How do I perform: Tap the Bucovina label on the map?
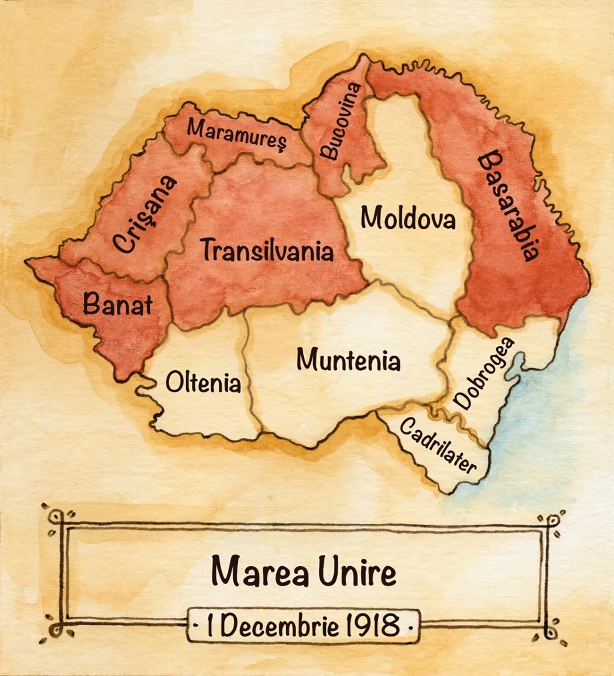341,122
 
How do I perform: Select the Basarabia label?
508,206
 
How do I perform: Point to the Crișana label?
145,215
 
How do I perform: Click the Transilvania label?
268,250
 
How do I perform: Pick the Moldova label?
408,218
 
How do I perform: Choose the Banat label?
118,304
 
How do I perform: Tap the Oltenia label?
203,382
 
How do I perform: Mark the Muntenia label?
348,361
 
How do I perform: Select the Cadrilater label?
438,445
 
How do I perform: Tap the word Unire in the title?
357,572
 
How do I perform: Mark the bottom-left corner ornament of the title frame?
56,630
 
